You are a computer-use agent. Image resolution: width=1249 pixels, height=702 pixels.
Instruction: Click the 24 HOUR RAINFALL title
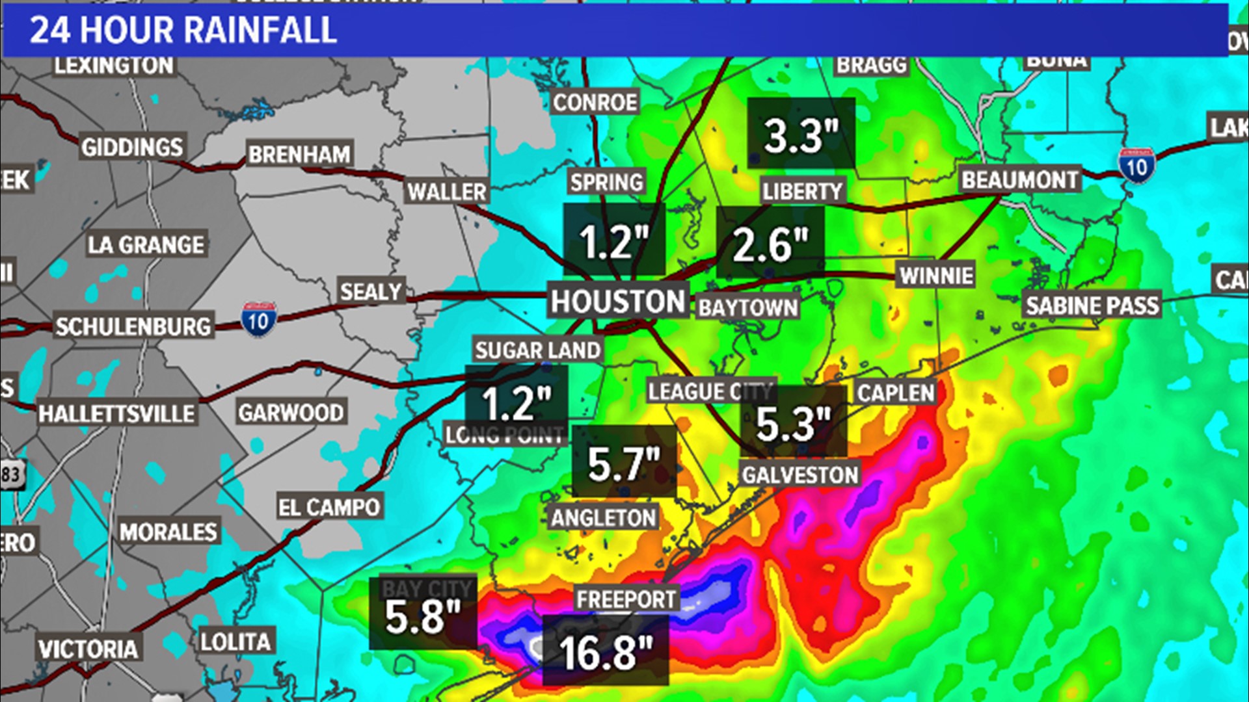click(183, 31)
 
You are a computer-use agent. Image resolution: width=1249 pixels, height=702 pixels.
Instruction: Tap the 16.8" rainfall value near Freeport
click(605, 652)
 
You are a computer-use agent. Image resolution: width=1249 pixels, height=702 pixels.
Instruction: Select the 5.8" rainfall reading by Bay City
click(423, 616)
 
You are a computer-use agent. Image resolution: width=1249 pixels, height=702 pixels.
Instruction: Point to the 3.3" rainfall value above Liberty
click(801, 135)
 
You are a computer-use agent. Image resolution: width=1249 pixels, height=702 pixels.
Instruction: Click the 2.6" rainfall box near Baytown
click(770, 244)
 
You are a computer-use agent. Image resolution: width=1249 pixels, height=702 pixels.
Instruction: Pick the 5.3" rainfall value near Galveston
click(794, 424)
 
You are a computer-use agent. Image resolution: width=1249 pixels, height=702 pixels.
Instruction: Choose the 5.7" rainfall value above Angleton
click(624, 464)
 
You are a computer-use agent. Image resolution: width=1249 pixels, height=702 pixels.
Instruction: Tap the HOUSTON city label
click(618, 302)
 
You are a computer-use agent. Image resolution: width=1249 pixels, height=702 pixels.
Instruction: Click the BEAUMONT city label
click(1019, 180)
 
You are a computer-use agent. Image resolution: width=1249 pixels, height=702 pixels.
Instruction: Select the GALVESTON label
click(800, 475)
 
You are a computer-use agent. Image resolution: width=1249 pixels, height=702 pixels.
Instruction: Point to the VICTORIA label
click(88, 649)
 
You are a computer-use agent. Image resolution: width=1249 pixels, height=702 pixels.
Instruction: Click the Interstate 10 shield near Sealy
click(258, 320)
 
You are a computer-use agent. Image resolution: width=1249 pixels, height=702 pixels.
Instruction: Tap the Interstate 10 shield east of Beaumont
click(1136, 166)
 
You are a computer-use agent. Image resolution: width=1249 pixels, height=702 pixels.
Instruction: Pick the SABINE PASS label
click(1092, 305)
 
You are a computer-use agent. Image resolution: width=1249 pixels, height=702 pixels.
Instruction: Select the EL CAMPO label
click(329, 507)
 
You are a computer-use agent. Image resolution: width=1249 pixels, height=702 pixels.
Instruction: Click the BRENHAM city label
click(299, 155)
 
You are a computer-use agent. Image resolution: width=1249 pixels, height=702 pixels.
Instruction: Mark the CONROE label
click(595, 103)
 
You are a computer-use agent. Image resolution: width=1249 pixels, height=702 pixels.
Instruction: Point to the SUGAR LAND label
click(537, 350)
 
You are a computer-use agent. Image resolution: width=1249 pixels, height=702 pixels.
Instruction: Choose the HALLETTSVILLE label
click(116, 413)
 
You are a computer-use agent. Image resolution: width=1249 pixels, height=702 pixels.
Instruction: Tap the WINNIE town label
click(936, 276)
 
